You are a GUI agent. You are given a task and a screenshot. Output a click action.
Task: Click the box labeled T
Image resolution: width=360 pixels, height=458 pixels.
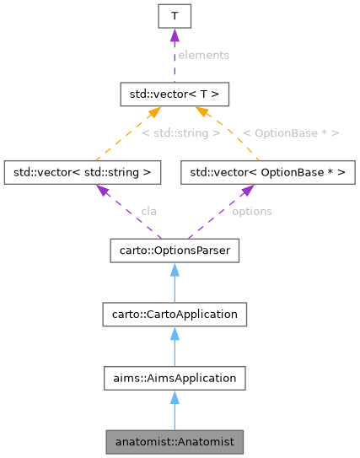[x=173, y=15]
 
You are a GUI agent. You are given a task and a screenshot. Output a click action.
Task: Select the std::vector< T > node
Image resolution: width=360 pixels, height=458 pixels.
[x=173, y=89]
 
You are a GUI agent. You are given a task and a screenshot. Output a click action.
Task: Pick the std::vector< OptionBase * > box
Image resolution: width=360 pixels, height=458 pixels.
[x=267, y=172]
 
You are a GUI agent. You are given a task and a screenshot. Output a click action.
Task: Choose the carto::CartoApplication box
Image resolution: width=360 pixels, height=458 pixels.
[x=173, y=314]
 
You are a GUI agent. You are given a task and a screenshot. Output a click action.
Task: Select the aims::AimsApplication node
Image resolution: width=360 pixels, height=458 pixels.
[x=173, y=378]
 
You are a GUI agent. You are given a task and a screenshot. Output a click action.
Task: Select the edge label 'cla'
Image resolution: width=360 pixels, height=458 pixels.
[x=149, y=211]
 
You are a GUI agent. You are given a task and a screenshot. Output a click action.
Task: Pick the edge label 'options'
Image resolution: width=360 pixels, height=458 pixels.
[x=251, y=211]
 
